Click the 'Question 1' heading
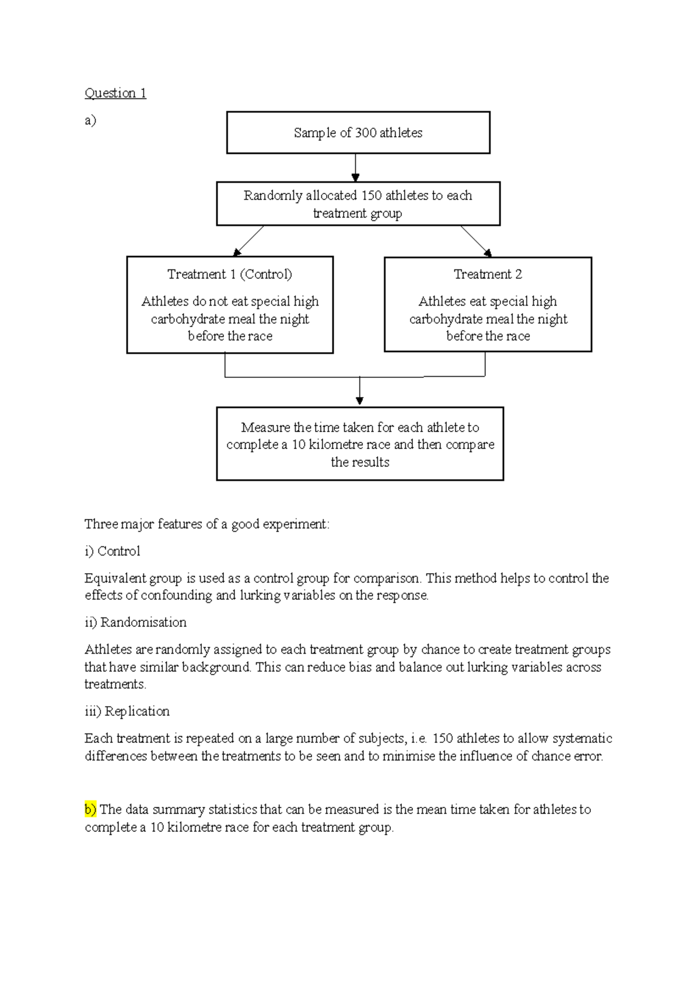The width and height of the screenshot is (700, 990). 116,93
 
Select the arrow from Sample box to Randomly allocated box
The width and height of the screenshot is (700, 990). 355,168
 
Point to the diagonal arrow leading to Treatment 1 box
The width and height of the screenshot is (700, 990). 249,241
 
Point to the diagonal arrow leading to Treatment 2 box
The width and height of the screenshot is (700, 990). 476,241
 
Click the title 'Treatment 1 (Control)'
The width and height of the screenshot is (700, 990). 230,274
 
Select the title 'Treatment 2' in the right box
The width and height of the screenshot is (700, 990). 488,274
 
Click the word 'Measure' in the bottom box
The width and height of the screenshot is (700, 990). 266,427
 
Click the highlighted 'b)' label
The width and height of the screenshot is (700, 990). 90,810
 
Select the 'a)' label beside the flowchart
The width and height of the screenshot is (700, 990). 90,121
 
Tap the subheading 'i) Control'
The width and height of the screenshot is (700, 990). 113,552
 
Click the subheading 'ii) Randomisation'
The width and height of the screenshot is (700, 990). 135,623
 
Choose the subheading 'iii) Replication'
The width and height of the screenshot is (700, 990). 127,711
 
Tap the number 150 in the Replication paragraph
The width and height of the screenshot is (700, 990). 443,739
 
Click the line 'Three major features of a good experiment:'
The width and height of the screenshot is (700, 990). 207,524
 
